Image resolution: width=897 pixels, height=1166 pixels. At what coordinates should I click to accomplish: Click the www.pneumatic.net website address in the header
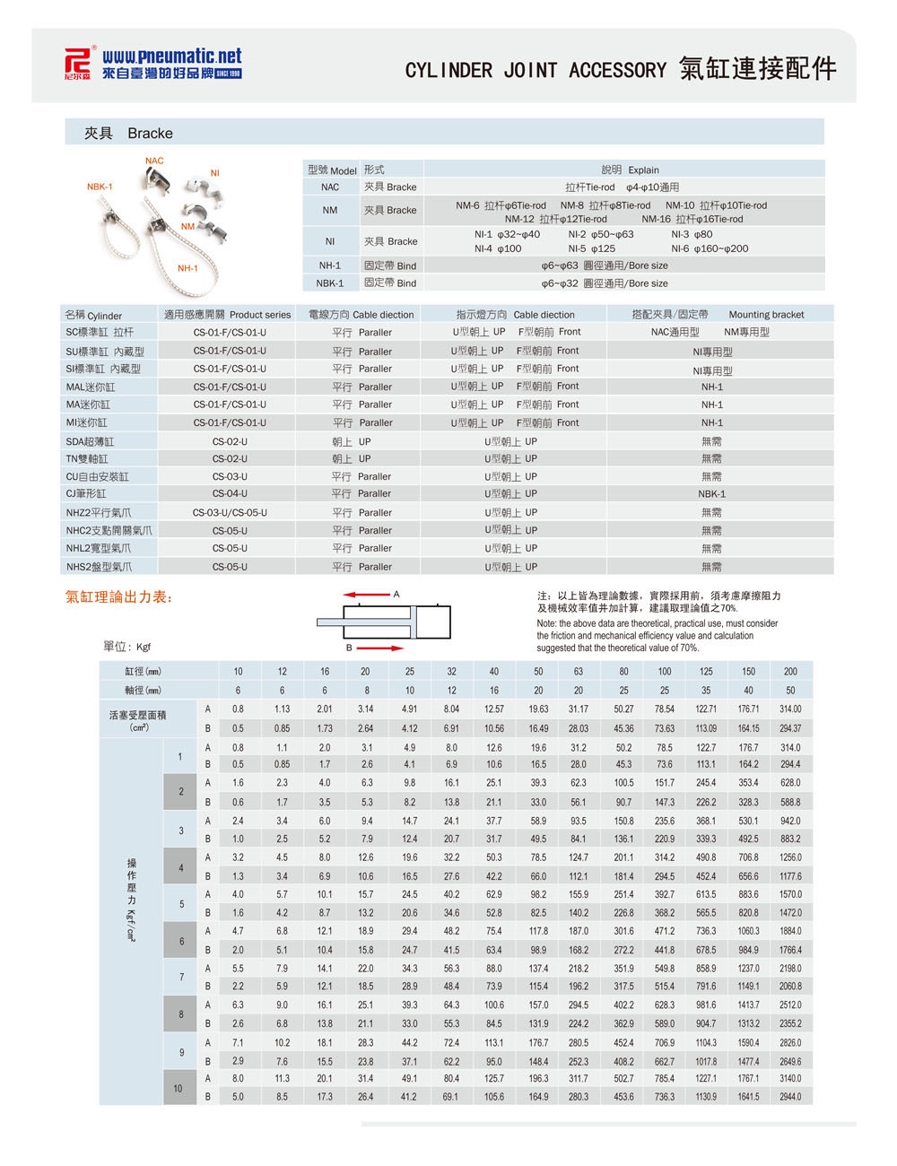pyautogui.click(x=171, y=57)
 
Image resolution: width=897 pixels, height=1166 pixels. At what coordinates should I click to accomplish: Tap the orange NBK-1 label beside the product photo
pyautogui.click(x=100, y=187)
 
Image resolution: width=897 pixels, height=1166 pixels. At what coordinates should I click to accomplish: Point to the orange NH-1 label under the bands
pyautogui.click(x=187, y=268)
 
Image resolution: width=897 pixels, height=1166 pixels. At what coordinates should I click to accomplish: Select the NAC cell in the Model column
pyautogui.click(x=330, y=187)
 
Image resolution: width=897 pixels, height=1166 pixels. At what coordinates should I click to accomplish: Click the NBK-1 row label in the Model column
pyautogui.click(x=330, y=283)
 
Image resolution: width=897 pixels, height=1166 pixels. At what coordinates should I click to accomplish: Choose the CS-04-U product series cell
pyautogui.click(x=230, y=494)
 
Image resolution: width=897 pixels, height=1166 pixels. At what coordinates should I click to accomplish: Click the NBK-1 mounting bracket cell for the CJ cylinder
pyautogui.click(x=711, y=494)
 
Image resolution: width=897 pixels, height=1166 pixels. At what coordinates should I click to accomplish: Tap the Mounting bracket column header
pyautogui.click(x=766, y=315)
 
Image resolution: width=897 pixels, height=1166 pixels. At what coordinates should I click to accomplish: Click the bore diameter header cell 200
pyautogui.click(x=790, y=672)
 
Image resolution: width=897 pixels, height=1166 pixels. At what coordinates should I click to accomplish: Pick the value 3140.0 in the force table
pyautogui.click(x=790, y=1079)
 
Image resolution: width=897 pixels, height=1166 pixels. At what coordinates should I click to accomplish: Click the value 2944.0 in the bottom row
pyautogui.click(x=790, y=1097)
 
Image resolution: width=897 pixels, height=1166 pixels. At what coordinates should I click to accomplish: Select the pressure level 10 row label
pyautogui.click(x=178, y=1088)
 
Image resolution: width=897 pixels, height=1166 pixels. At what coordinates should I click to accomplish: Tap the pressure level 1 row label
pyautogui.click(x=179, y=756)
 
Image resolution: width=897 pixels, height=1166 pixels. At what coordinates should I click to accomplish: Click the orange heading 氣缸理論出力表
pyautogui.click(x=119, y=597)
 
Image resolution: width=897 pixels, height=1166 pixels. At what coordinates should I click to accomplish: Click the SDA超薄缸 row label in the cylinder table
pyautogui.click(x=90, y=441)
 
